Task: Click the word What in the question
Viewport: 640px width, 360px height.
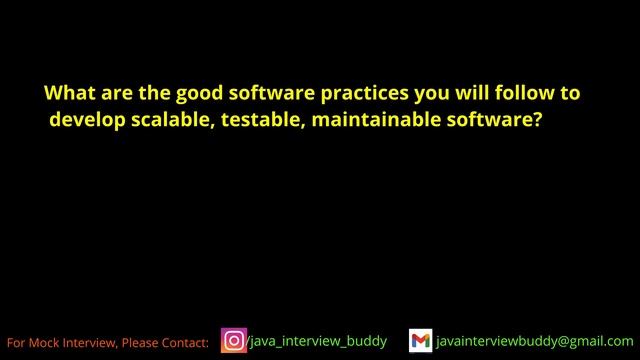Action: click(x=67, y=94)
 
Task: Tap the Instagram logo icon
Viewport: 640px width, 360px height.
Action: click(x=233, y=341)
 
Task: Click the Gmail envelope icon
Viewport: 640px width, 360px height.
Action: click(x=420, y=341)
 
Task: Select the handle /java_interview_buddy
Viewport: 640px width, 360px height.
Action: click(x=316, y=341)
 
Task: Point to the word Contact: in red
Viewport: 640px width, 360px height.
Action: click(x=185, y=343)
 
